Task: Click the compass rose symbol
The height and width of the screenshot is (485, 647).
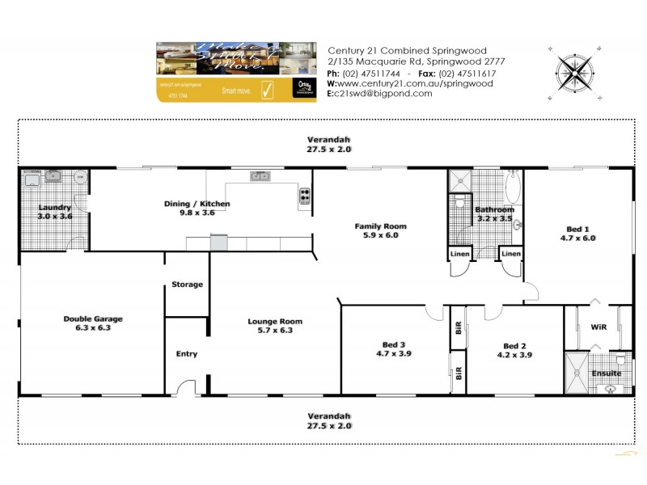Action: pos(576,72)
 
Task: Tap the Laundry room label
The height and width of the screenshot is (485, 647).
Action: pos(55,208)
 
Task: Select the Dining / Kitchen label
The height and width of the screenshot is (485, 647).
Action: pos(197,204)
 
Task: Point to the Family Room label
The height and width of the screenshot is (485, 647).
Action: pos(380,226)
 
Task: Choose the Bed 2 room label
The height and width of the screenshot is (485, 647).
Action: pos(515,344)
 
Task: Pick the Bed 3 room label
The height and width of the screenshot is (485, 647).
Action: pos(391,344)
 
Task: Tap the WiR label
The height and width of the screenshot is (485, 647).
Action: pos(599,328)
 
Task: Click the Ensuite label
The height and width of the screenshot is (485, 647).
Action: pos(606,373)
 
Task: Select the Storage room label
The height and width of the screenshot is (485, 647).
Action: pos(187,285)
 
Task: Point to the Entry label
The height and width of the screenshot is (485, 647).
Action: pos(187,354)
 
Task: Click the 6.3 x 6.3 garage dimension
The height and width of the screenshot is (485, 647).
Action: pos(93,328)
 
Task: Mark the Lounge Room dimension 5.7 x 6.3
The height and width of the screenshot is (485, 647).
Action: pos(275,331)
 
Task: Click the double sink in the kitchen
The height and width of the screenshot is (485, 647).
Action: pos(260,175)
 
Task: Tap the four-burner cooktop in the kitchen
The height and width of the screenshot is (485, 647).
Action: pos(305,195)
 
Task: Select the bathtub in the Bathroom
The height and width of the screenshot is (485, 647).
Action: pos(513,187)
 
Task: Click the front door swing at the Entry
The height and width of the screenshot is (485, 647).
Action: pos(186,388)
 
